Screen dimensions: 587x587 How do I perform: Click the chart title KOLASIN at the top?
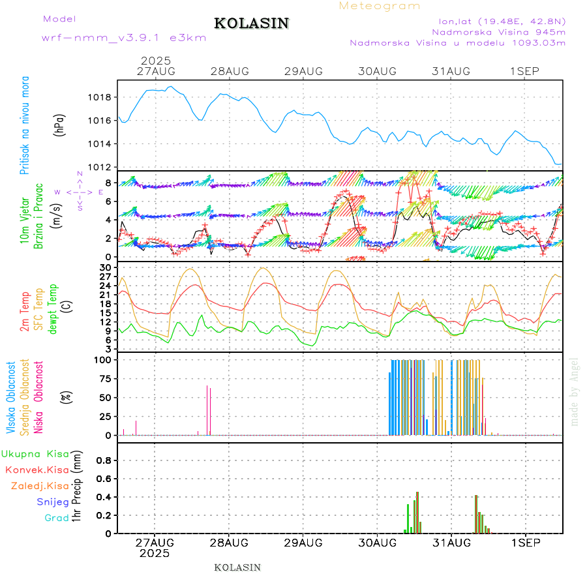(x=251, y=23)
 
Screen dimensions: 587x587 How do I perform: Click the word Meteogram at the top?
(x=380, y=6)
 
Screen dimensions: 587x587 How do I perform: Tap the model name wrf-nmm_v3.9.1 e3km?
(x=124, y=38)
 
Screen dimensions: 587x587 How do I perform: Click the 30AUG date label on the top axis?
(x=377, y=71)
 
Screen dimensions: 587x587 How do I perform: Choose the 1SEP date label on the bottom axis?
(x=524, y=543)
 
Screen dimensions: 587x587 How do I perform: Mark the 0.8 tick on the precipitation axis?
(x=104, y=460)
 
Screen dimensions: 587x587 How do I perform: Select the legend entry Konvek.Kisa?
(x=37, y=470)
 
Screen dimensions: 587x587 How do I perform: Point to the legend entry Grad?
(x=57, y=517)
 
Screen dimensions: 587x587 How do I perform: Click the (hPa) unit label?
(x=60, y=125)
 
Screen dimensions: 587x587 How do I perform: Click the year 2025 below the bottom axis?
(x=155, y=553)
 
